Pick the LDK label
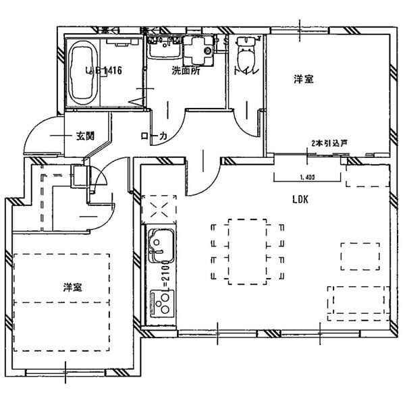point(301,200)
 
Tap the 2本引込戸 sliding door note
point(329,143)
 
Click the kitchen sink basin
point(160,242)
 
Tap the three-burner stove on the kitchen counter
point(161,302)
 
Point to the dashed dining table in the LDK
point(246,250)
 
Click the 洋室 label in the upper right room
point(303,80)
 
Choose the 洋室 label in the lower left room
point(73,287)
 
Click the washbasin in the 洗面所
point(162,49)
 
